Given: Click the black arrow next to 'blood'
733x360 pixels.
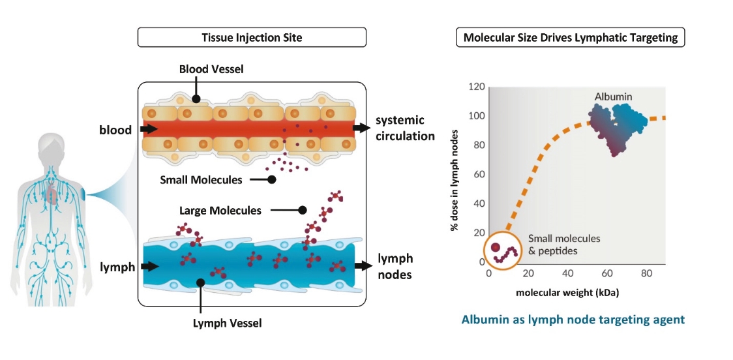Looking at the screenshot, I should click(149, 129).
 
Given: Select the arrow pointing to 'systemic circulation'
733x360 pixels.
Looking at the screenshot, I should click(361, 128).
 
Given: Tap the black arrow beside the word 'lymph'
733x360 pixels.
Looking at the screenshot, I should click(149, 266).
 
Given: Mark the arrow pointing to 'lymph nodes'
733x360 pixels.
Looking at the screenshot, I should click(361, 266).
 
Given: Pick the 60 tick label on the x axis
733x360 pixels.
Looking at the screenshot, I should click(607, 273).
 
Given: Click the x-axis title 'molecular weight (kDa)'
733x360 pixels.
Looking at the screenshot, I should click(567, 292).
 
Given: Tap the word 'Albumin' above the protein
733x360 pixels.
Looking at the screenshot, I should click(613, 97).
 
